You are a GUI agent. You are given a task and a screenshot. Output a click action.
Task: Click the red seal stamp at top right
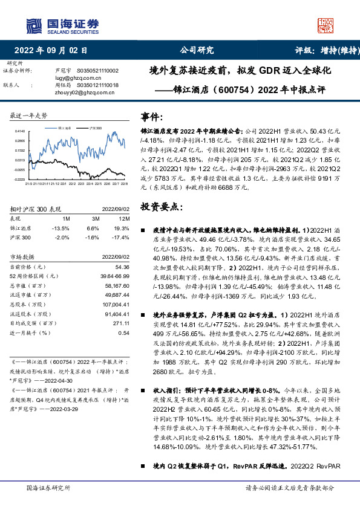point(326,25)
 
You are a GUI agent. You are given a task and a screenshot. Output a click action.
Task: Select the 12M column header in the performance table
point(124,218)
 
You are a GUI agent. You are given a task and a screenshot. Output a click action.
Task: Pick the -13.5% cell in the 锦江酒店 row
point(62,228)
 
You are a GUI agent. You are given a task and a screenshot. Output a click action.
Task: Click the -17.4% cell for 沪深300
point(121,238)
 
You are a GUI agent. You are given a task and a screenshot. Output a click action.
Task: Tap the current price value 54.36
point(122,267)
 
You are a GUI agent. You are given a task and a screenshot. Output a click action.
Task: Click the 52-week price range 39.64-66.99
point(114,276)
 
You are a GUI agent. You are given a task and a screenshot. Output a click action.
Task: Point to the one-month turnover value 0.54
point(123,332)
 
